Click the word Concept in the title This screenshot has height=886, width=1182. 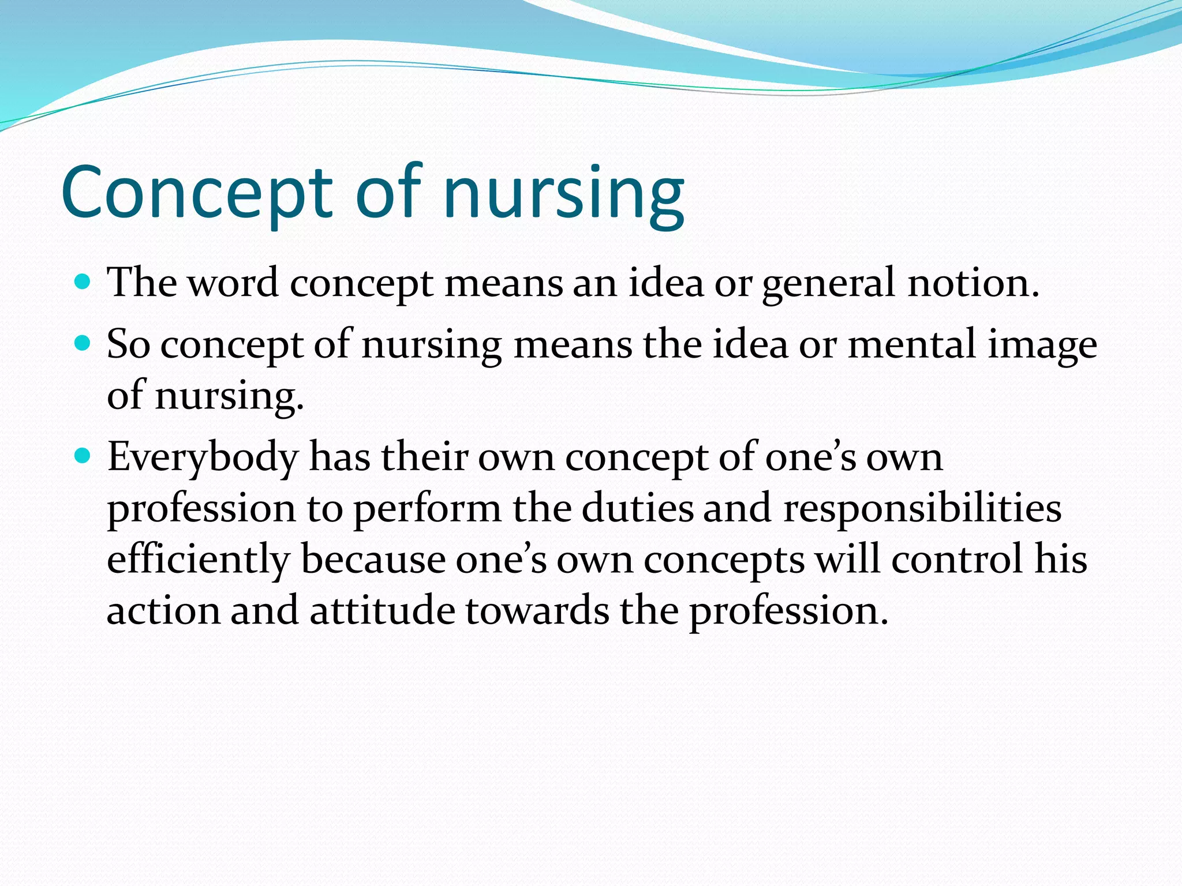(197, 193)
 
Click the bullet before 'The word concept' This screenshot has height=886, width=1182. (84, 282)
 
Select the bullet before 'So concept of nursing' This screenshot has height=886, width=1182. (84, 344)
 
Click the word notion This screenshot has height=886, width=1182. (973, 284)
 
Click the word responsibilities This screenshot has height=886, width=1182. (922, 509)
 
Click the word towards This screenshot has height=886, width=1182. (537, 611)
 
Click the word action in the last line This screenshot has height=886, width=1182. (163, 611)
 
